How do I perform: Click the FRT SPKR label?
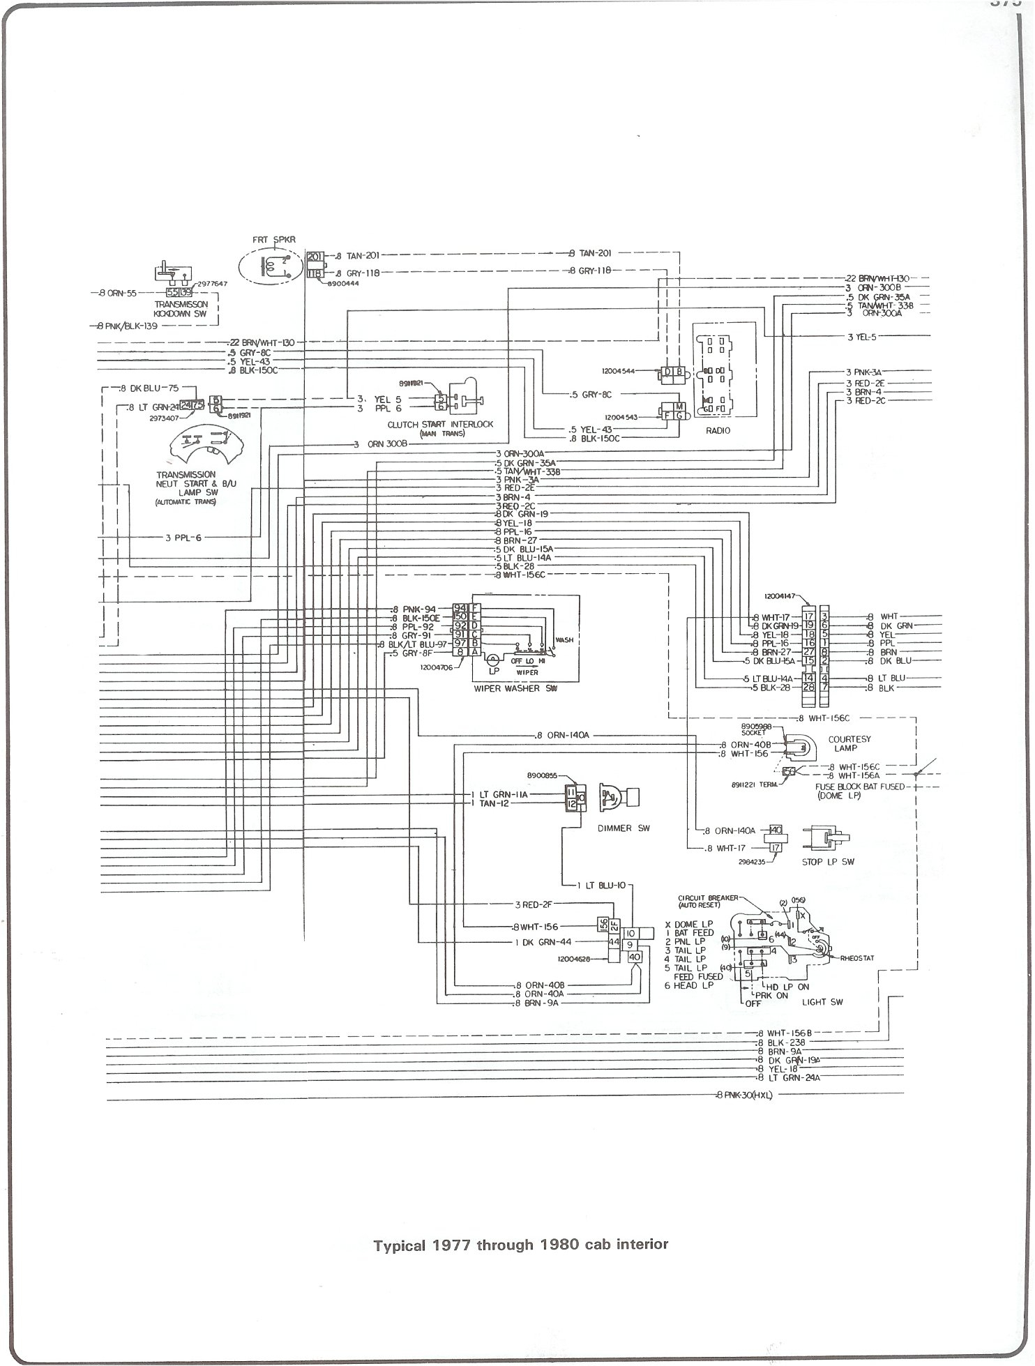pyautogui.click(x=275, y=239)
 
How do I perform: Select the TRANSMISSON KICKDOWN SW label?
pyautogui.click(x=181, y=309)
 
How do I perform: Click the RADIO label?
pyautogui.click(x=718, y=430)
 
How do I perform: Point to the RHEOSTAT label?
pyautogui.click(x=857, y=958)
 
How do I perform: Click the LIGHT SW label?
pyautogui.click(x=824, y=1002)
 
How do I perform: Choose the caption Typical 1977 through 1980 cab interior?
pyautogui.click(x=521, y=1244)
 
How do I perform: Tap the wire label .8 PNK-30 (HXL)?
pyautogui.click(x=745, y=1095)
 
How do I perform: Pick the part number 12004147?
pyautogui.click(x=783, y=597)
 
